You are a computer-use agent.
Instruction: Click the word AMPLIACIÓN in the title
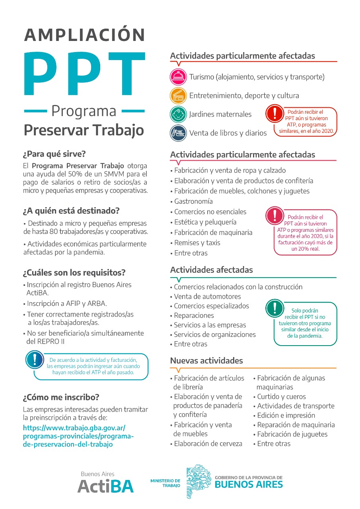point(85,35)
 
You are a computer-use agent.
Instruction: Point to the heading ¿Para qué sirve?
point(54,153)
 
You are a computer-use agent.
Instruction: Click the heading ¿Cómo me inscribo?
point(61,397)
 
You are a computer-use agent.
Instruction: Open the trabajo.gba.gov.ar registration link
point(78,436)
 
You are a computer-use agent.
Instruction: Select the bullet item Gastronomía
point(193,201)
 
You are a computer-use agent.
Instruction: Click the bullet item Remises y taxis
point(197,243)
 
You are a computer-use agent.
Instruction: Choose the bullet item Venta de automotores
point(207,296)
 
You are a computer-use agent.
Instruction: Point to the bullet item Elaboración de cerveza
point(208,443)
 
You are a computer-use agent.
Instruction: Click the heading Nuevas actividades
point(206,361)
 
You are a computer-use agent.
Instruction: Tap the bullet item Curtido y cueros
point(281,396)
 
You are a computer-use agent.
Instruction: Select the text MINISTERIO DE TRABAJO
point(165,483)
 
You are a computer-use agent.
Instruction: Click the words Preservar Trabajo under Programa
point(84,130)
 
